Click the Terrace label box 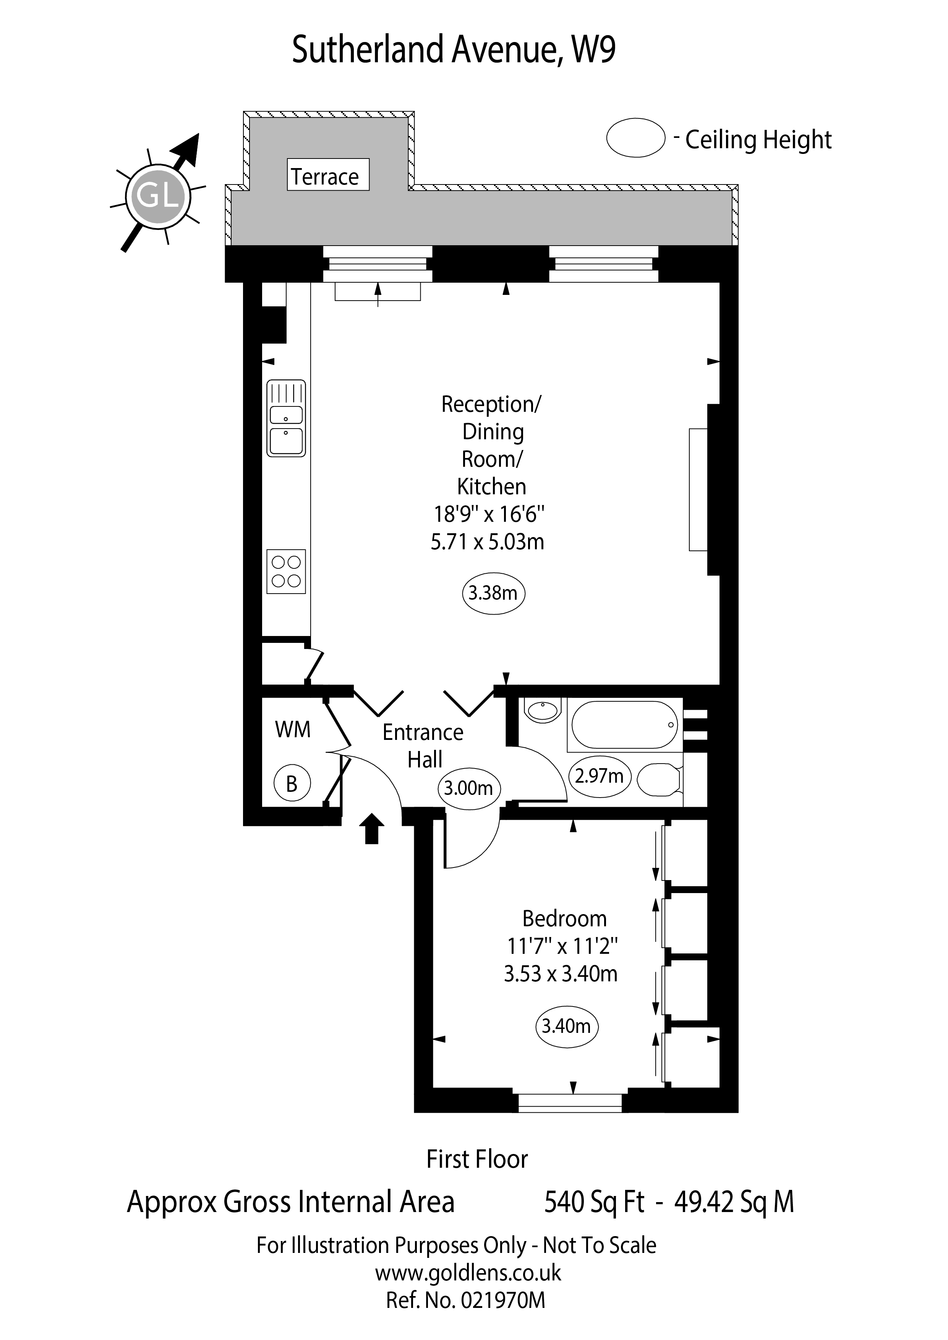[x=328, y=175]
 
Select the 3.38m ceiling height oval [x=493, y=593]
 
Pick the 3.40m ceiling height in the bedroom [x=566, y=1025]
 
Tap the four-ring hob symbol [x=286, y=571]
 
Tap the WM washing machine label [x=292, y=730]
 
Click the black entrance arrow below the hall [x=371, y=829]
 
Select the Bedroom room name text [x=564, y=919]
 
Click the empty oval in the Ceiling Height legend [x=636, y=138]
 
